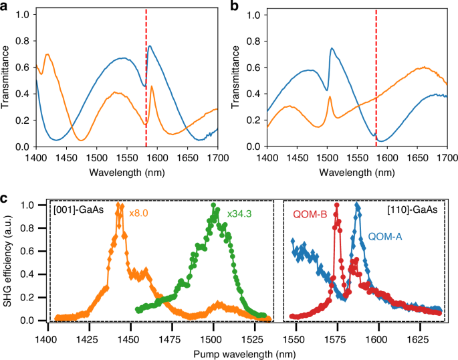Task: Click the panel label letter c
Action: pyautogui.click(x=5, y=199)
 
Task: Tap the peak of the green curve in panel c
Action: pyautogui.click(x=214, y=205)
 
